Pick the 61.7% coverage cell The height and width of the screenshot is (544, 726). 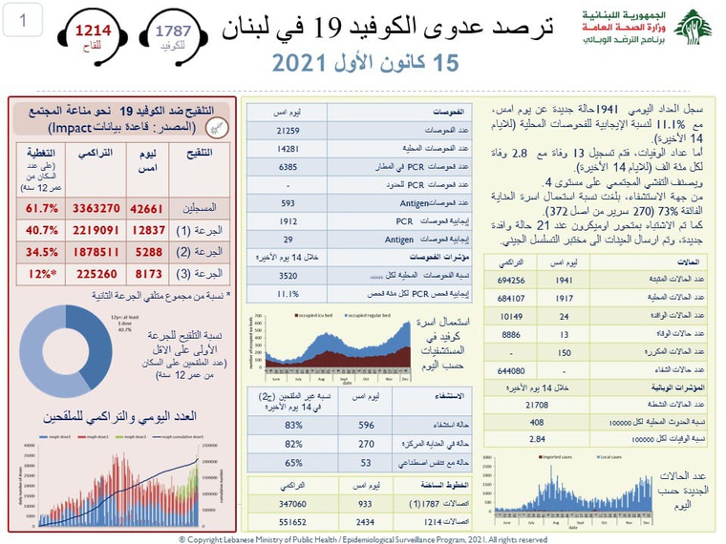point(37,207)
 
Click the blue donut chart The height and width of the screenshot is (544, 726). point(64,350)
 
